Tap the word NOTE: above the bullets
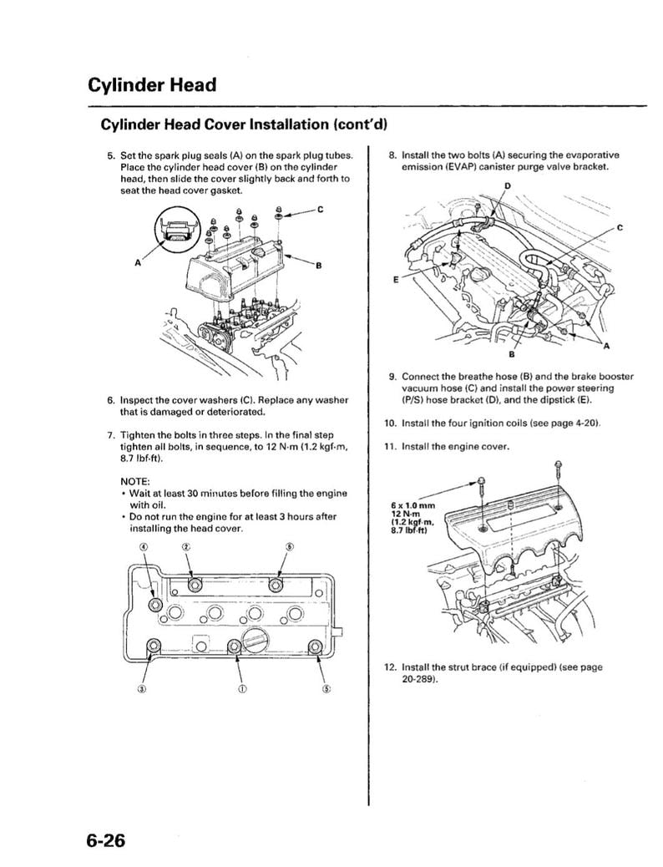[134, 482]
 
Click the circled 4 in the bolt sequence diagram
[143, 547]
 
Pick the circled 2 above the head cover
[186, 547]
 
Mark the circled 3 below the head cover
[142, 689]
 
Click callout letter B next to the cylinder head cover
[318, 266]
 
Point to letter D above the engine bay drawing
[506, 185]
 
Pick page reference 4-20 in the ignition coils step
[582, 423]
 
